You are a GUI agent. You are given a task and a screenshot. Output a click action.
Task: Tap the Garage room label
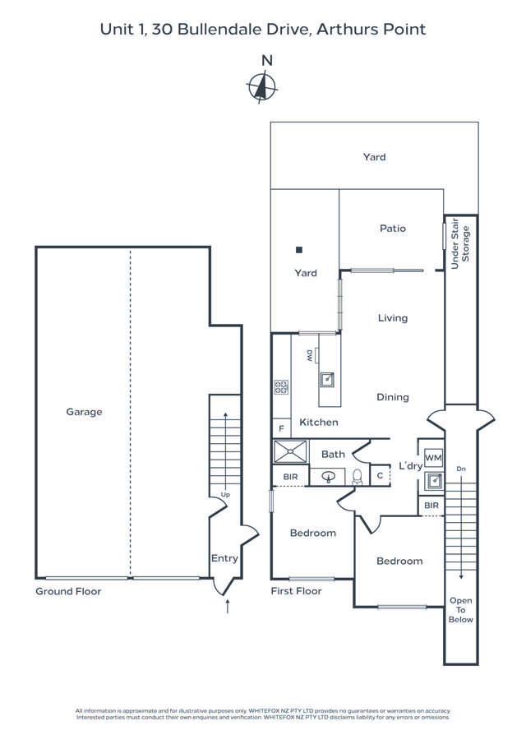(x=84, y=412)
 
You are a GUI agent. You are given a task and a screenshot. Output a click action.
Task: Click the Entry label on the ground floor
(x=224, y=558)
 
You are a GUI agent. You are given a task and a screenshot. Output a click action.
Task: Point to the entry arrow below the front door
(x=228, y=608)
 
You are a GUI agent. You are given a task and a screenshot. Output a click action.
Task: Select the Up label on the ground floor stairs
(x=224, y=495)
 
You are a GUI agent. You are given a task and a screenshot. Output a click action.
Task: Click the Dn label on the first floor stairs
(x=460, y=469)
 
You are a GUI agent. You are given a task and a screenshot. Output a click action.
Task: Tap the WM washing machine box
(x=433, y=458)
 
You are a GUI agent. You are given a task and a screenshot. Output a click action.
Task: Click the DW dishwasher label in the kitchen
(x=310, y=355)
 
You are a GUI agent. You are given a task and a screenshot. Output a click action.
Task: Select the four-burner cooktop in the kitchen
(x=281, y=387)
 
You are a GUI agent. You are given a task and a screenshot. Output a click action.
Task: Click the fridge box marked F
(x=281, y=428)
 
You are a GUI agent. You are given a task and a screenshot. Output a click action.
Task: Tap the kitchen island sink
(x=327, y=379)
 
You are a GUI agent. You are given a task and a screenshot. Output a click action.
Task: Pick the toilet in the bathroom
(x=357, y=476)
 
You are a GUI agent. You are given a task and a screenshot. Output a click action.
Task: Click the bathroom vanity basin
(x=330, y=476)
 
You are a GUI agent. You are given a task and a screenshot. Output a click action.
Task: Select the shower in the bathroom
(x=290, y=452)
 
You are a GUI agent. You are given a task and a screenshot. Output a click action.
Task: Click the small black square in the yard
(x=300, y=249)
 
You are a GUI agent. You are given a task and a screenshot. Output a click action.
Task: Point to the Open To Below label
(x=460, y=610)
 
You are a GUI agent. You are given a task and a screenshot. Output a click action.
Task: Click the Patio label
(x=392, y=229)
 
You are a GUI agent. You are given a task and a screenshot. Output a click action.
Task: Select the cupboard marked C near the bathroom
(x=381, y=475)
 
